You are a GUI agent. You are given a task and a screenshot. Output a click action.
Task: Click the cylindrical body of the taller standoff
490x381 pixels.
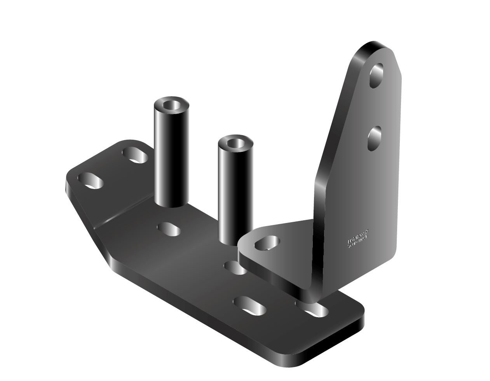[x=170, y=156]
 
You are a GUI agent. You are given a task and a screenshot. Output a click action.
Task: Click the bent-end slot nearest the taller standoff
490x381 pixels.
[x=135, y=155]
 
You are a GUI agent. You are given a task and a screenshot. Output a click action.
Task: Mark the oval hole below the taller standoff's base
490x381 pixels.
[x=169, y=228]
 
